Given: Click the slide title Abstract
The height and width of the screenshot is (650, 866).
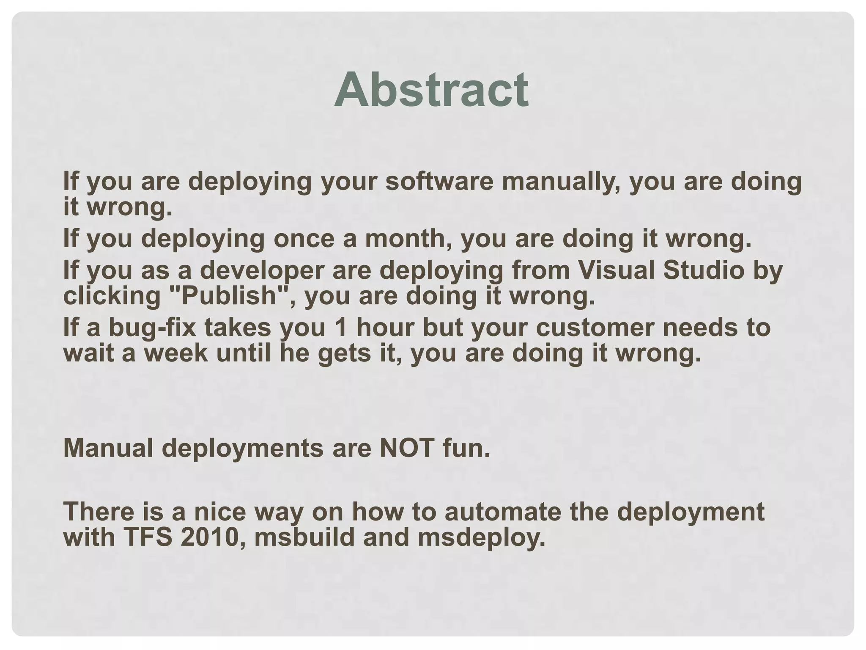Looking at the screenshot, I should pyautogui.click(x=431, y=90).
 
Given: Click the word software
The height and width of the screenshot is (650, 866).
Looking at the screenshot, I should pyautogui.click(x=439, y=182).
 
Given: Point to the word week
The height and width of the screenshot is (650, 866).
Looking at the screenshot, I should pyautogui.click(x=176, y=353).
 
